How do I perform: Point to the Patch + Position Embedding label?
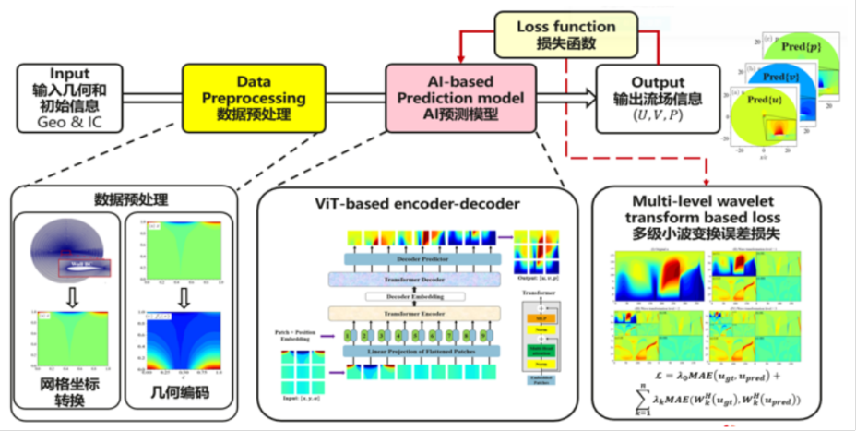pyautogui.click(x=298, y=334)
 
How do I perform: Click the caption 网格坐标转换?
pyautogui.click(x=69, y=393)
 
